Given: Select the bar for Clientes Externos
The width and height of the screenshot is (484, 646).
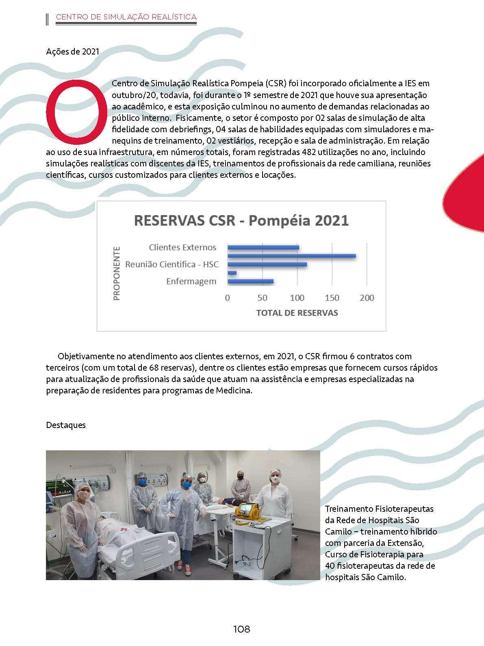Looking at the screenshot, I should tap(263, 247).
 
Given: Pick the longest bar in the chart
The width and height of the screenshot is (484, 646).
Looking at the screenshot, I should tap(291, 256).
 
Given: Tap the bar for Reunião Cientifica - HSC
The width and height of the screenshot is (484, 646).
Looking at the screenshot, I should tap(267, 264).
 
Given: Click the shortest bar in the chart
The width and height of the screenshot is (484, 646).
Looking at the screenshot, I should tap(232, 273).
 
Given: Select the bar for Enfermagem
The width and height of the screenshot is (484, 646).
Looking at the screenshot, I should tap(250, 281).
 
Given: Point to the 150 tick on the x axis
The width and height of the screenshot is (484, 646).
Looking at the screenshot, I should tap(332, 298).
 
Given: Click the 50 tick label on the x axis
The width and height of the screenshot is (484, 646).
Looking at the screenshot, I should tap(262, 298).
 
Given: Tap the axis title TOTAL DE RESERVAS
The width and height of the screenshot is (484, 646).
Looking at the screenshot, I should tap(297, 313).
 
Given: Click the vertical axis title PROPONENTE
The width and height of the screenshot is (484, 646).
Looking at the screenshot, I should tap(117, 273).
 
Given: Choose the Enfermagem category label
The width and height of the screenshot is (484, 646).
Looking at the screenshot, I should tap(191, 282).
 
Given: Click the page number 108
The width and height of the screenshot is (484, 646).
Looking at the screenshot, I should tap(242, 629).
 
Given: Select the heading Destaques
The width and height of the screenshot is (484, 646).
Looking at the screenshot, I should tap(66, 425).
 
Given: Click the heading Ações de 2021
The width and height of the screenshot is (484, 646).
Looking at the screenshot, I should tap(73, 52).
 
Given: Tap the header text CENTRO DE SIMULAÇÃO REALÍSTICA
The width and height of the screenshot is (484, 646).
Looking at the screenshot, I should tap(126, 17).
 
